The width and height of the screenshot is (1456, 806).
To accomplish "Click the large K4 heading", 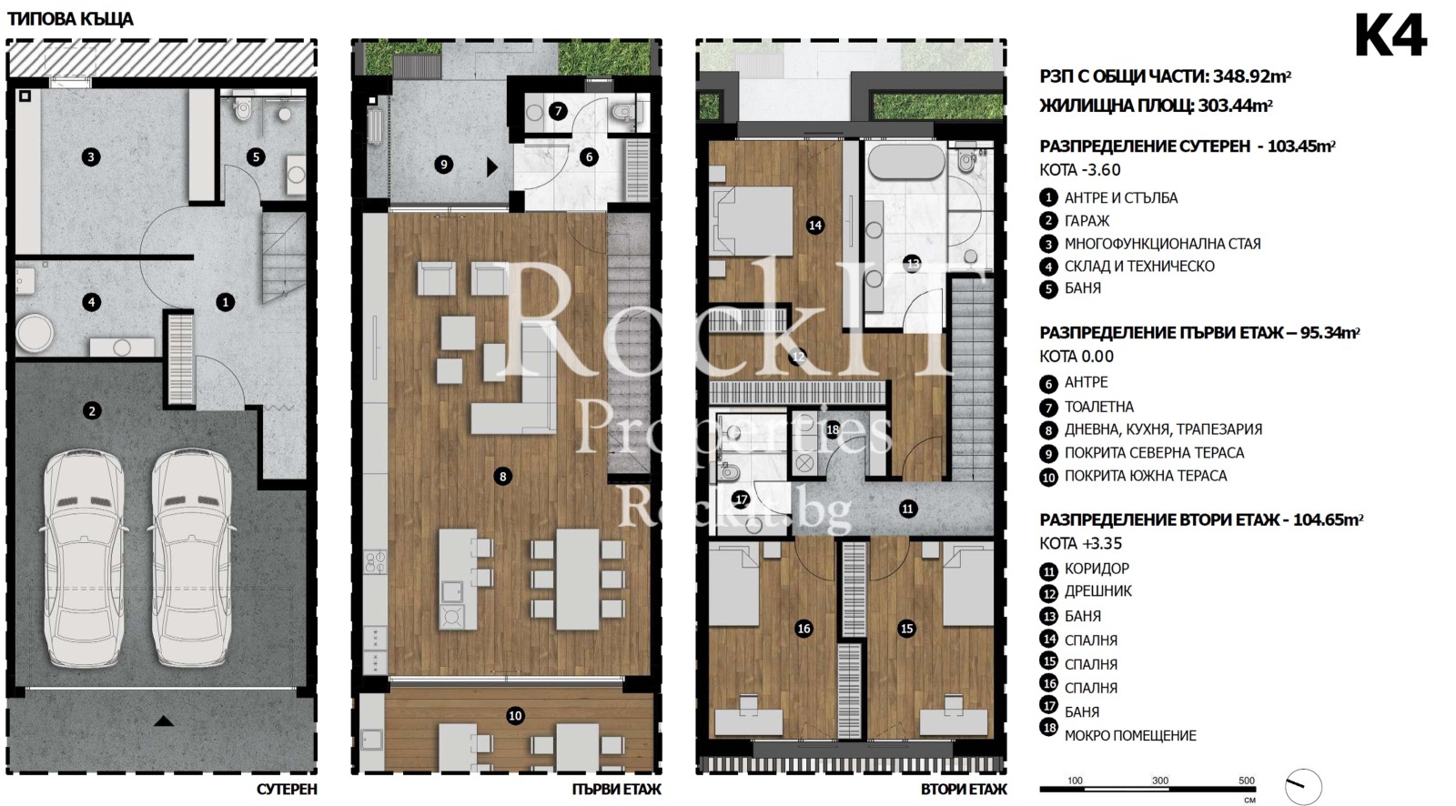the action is click(x=1390, y=36).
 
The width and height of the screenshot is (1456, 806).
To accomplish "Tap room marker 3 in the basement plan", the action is click(x=91, y=156).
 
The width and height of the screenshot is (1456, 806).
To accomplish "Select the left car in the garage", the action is click(x=83, y=558).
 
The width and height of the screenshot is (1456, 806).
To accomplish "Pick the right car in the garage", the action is click(x=191, y=558).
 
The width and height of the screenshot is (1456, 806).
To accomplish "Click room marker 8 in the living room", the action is click(x=502, y=477).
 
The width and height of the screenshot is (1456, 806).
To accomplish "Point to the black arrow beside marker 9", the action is click(x=492, y=167).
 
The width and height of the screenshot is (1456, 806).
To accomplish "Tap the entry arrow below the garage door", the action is click(x=164, y=720).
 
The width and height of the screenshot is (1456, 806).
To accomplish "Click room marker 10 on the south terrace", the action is click(x=515, y=716).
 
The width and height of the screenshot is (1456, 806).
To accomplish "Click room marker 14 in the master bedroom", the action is click(x=815, y=226).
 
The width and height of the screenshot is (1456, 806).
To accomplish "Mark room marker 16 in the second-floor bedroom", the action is click(x=804, y=628).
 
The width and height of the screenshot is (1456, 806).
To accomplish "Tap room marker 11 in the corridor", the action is click(x=907, y=509).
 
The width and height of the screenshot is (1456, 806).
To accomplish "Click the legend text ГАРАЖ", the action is click(x=1087, y=221).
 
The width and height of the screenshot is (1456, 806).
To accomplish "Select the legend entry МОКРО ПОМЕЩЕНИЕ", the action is click(x=1130, y=736).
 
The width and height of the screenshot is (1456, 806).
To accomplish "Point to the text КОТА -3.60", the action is click(x=1080, y=170).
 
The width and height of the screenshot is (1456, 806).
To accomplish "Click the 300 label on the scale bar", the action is click(x=1160, y=780).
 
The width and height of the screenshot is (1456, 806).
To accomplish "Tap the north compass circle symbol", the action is click(x=1303, y=787).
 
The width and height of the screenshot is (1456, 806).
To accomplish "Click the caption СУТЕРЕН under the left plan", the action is click(x=287, y=789).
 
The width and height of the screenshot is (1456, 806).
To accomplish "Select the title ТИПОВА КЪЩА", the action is click(x=70, y=19).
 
